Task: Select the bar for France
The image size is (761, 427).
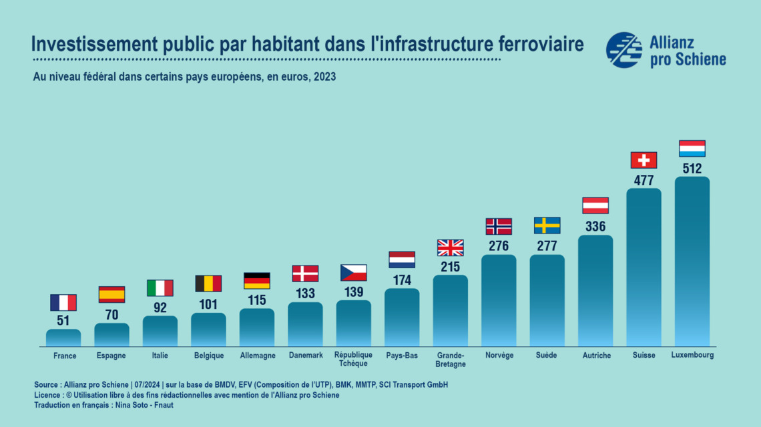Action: tap(63, 338)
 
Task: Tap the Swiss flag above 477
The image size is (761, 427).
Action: tap(644, 160)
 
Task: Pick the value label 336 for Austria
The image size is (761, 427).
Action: tap(595, 226)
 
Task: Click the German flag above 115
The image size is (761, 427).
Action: tap(257, 280)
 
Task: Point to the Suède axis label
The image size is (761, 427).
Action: tap(546, 356)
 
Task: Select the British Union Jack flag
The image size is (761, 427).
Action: tap(450, 248)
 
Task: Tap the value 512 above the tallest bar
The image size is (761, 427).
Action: tap(692, 168)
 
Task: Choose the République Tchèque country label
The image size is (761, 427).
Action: tap(353, 360)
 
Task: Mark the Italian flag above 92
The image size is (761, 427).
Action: tap(160, 288)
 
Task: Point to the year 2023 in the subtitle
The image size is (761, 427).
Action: tap(324, 77)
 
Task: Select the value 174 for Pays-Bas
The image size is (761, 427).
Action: tap(402, 280)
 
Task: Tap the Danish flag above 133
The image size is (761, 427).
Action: tap(305, 274)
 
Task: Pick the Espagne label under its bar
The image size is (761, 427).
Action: tap(111, 356)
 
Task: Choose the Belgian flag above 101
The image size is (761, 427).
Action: tap(208, 284)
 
